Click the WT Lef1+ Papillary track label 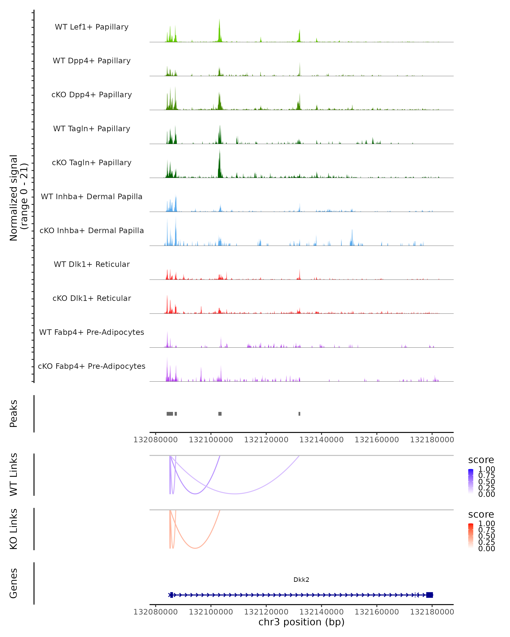coord(92,27)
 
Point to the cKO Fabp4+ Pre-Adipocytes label coord(92,366)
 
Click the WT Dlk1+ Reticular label coord(92,264)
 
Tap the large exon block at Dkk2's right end coord(430,595)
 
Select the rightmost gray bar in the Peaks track coord(299,414)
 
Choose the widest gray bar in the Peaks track coord(170,414)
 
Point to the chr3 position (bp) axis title coord(301,622)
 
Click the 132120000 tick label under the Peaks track coord(266,440)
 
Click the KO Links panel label coord(14,529)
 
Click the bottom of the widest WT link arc coord(235,494)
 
